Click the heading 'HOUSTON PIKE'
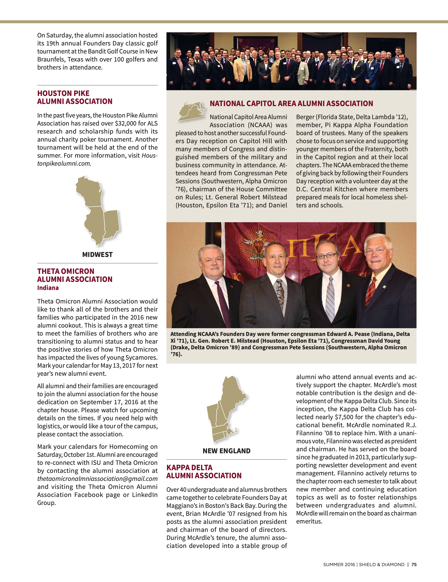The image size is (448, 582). tap(63, 93)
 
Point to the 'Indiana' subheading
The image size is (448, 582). tap(48, 288)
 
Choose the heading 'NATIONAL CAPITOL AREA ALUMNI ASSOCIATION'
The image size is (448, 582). tap(291, 103)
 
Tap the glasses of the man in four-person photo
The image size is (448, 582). tap(326, 256)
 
